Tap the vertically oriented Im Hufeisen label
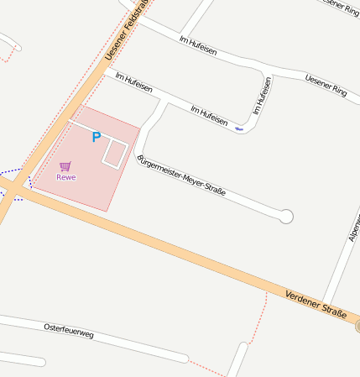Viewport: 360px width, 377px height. (x=262, y=96)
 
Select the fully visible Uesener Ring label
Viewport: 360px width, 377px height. (x=326, y=84)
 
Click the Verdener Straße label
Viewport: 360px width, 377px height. (x=316, y=303)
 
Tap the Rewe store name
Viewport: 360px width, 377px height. (x=66, y=177)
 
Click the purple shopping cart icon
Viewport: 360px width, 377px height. (x=65, y=165)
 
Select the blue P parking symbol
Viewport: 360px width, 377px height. (x=96, y=137)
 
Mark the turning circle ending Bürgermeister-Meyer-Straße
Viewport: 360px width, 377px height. (x=286, y=217)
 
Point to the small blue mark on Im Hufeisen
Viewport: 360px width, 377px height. (x=239, y=129)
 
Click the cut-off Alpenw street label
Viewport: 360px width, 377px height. (x=353, y=227)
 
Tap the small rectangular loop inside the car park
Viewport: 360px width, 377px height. (x=115, y=152)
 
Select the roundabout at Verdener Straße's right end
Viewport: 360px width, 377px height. (x=357, y=326)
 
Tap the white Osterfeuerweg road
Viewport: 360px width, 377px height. (x=126, y=343)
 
